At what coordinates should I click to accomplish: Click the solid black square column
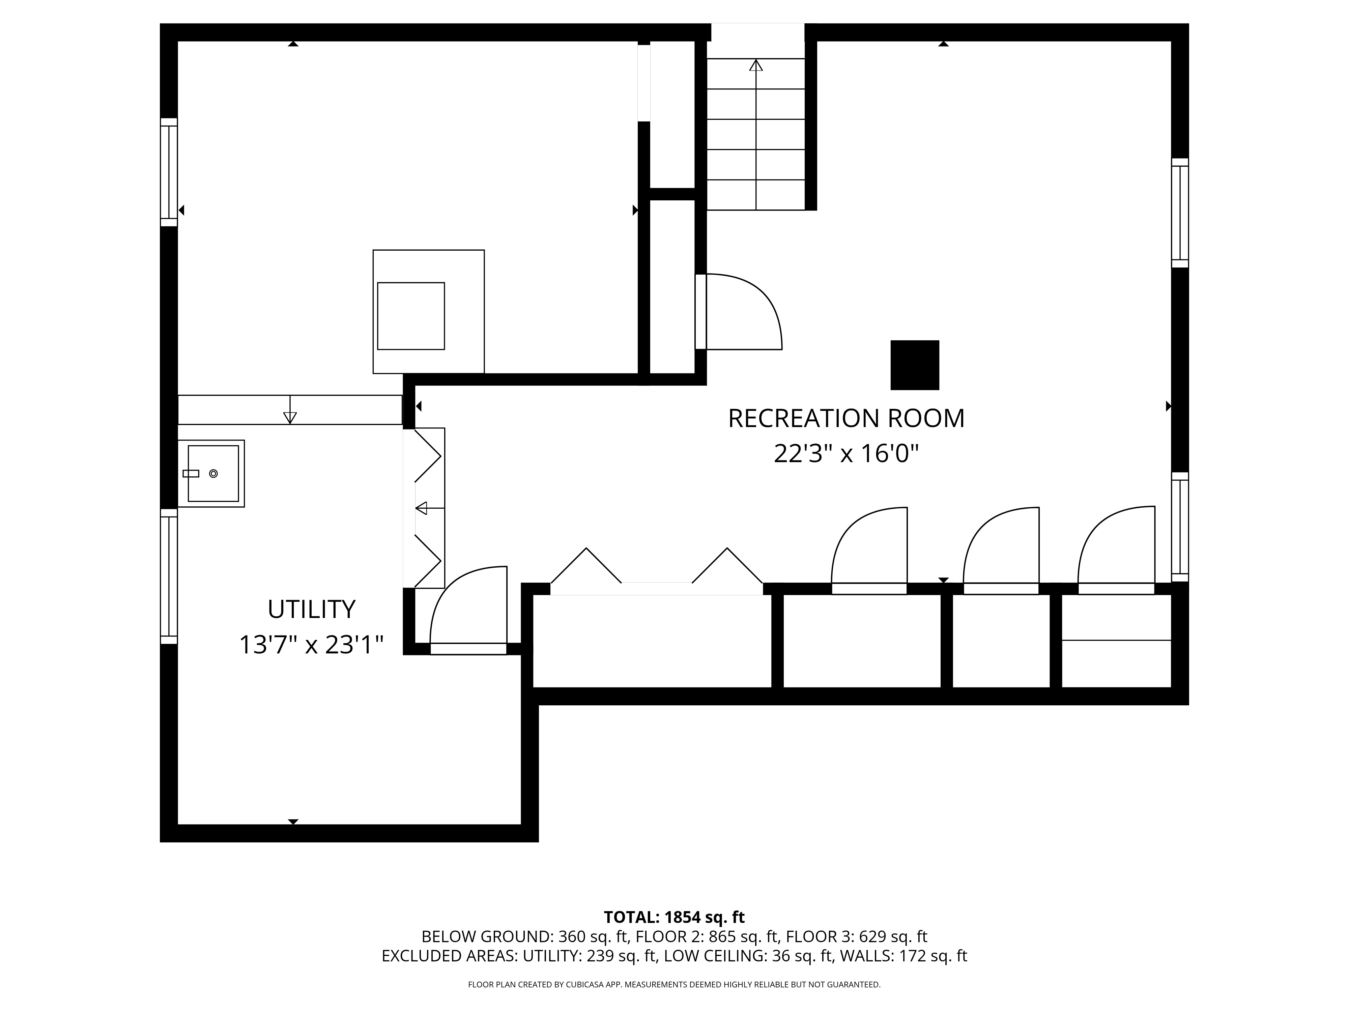(x=915, y=365)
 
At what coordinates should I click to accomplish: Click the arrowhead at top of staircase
(x=756, y=65)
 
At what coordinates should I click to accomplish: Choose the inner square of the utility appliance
(x=411, y=316)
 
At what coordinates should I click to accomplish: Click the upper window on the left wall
(x=169, y=172)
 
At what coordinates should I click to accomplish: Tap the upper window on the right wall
(x=1180, y=213)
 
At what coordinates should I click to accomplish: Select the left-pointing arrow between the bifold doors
(x=429, y=508)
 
